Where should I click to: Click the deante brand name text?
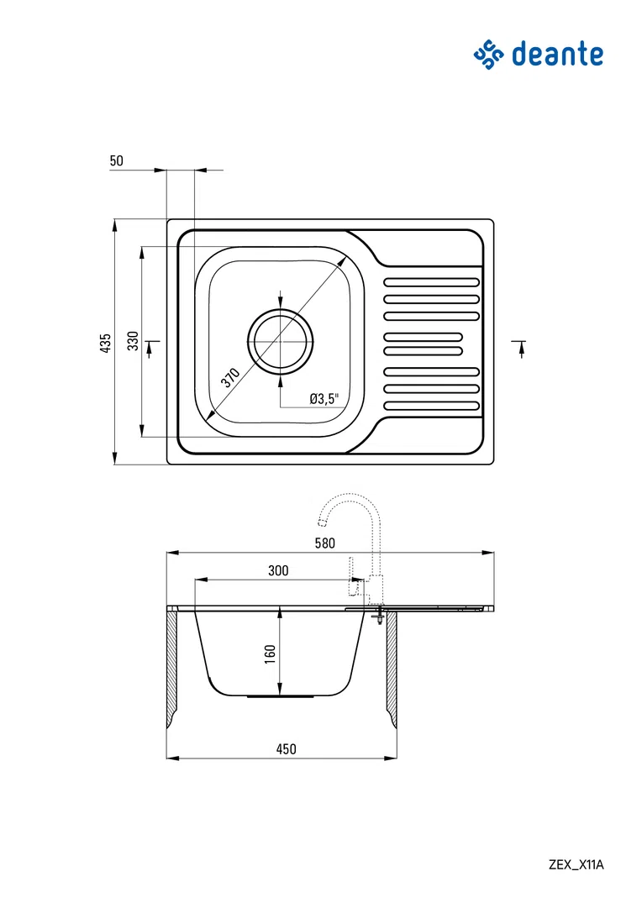pos(557,55)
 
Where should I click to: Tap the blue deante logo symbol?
pos(489,55)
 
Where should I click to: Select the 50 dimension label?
pos(117,160)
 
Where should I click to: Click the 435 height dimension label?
pos(105,344)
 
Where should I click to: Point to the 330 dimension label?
pos(134,340)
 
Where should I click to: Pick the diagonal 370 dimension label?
pos(229,377)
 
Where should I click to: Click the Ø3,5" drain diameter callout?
pos(324,398)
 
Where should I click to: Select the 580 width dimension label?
pos(325,543)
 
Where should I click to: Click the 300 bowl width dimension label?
pos(278,570)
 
